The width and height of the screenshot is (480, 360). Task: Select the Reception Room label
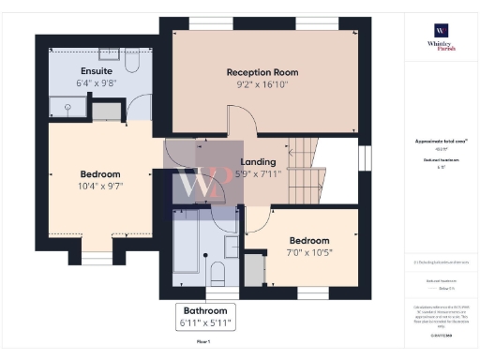tap(262, 72)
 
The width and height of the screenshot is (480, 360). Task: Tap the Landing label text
tap(258, 161)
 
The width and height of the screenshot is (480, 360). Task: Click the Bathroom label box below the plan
tap(204, 317)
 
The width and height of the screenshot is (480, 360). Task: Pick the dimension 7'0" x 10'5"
tap(308, 251)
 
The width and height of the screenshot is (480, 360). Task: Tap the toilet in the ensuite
tap(130, 63)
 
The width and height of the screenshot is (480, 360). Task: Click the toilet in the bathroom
tap(216, 274)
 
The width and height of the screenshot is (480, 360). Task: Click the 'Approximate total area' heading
tap(440, 142)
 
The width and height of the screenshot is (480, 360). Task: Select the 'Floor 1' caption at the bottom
tap(203, 343)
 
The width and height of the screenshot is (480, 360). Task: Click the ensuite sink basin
tap(107, 112)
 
